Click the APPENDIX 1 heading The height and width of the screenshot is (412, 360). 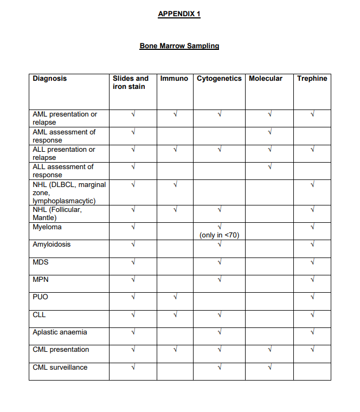(179, 14)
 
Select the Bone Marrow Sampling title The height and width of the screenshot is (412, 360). (179, 46)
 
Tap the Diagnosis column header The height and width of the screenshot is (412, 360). (50, 79)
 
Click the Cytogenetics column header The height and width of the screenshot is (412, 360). (219, 79)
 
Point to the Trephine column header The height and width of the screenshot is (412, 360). (312, 79)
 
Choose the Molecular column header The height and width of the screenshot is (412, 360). (266, 79)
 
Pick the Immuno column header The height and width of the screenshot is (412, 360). (175, 79)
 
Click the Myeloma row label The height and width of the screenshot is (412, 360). (47, 227)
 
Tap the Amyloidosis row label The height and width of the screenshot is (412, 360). (52, 244)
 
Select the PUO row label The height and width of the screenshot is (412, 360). (41, 297)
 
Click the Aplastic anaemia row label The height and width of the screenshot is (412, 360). (60, 332)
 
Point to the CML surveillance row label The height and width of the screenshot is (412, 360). (60, 368)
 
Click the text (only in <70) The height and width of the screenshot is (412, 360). (220, 235)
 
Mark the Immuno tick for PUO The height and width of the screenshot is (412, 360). (175, 297)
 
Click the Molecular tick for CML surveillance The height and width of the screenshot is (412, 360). (269, 368)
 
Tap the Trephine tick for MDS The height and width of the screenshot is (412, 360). (312, 262)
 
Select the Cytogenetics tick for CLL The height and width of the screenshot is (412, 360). (220, 314)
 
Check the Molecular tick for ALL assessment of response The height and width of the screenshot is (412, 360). (269, 167)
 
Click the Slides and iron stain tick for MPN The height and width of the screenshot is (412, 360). (133, 280)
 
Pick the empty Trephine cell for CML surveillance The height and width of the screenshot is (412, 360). (312, 371)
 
